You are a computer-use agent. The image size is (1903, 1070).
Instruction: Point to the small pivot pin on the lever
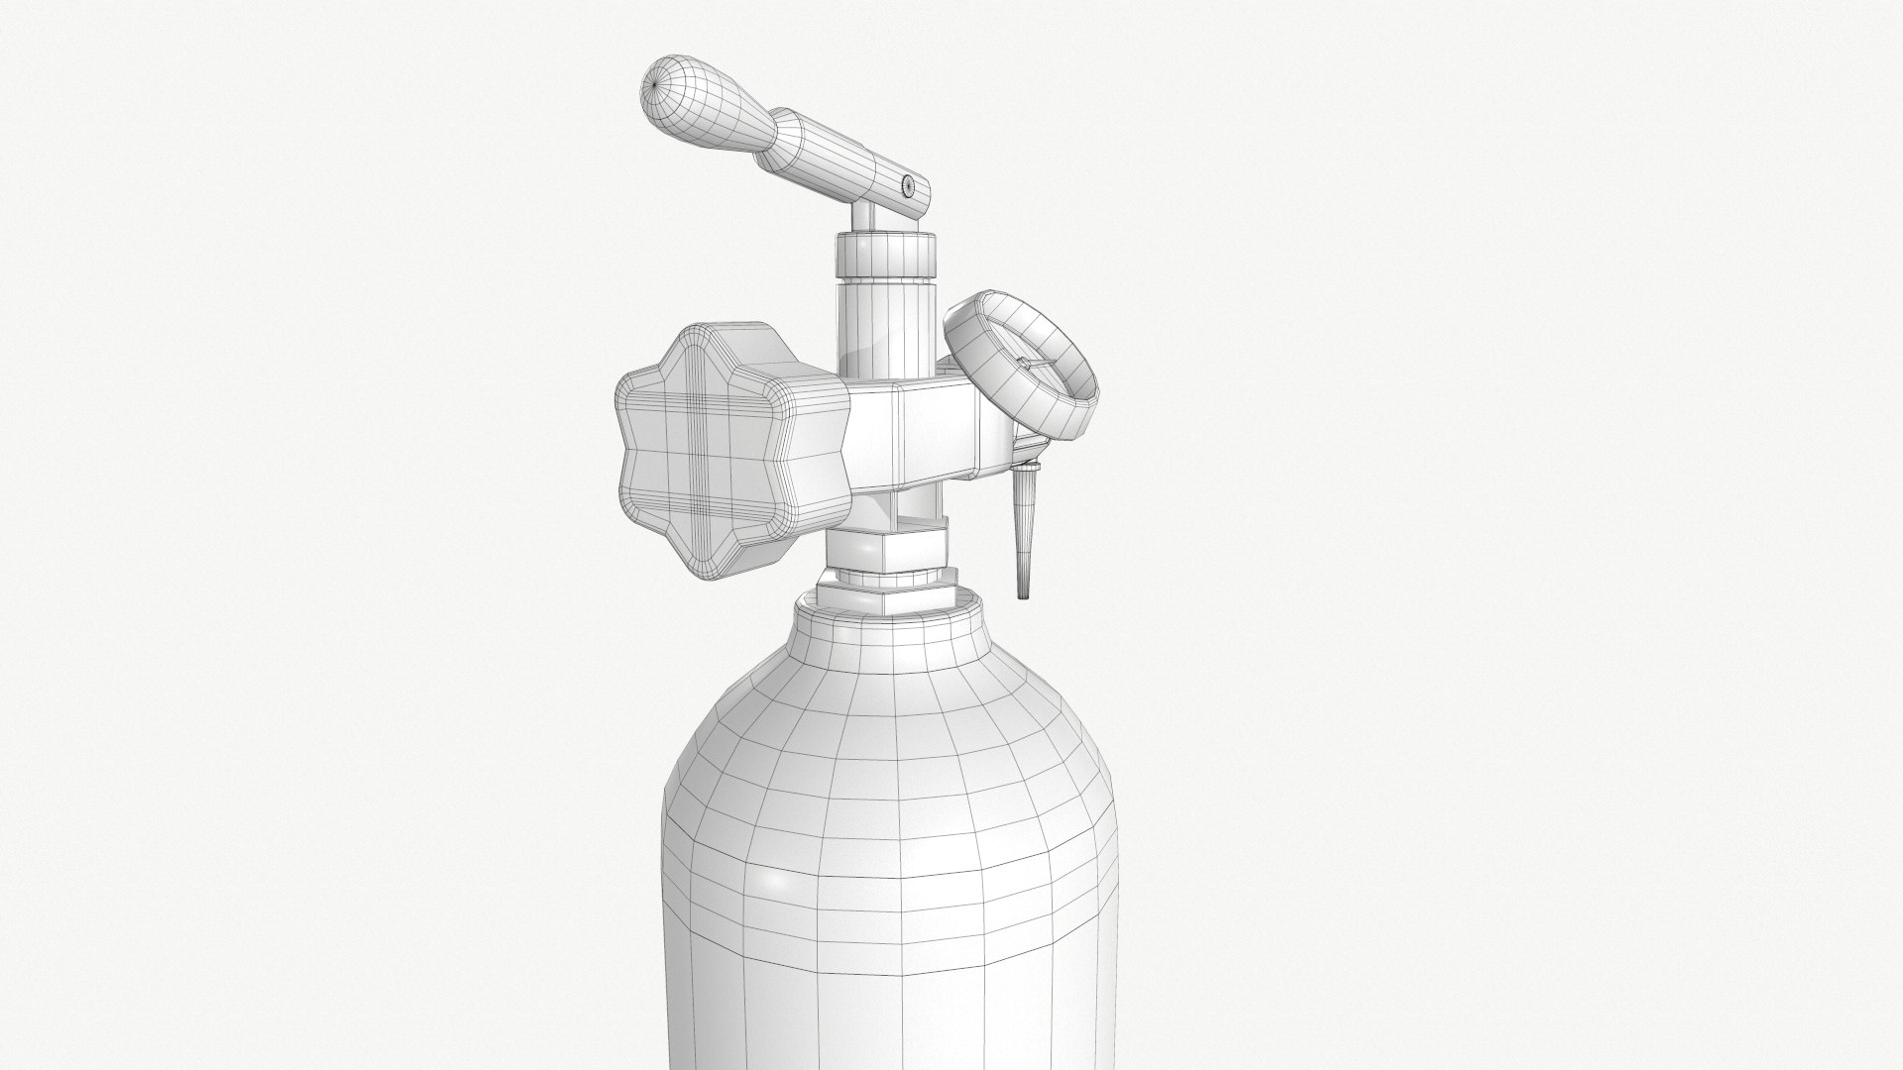pyautogui.click(x=908, y=181)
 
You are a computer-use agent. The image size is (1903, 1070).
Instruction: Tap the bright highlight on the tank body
pyautogui.click(x=768, y=877)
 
